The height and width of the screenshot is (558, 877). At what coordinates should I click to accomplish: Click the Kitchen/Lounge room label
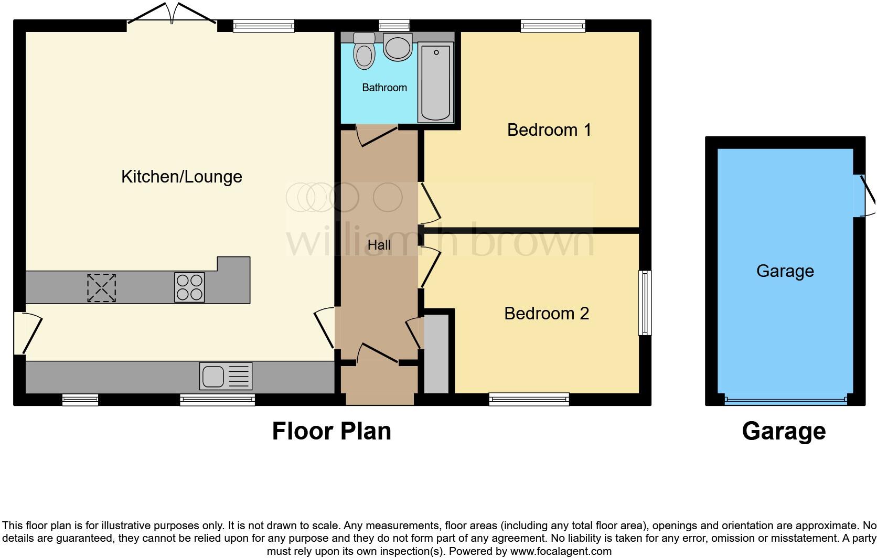coord(181,177)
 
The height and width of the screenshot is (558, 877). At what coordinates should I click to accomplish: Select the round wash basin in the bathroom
coord(397,47)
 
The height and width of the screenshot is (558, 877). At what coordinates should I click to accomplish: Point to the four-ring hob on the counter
coord(189,287)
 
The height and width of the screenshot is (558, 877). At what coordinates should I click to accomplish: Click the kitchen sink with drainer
coord(226,376)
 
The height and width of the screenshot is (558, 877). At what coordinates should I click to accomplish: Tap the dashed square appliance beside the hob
coord(101,287)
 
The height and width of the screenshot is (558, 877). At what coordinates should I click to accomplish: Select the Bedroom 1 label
coord(549,130)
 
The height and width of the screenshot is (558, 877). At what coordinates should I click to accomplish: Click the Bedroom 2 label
coord(546,314)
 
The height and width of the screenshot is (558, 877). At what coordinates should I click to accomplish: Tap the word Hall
coord(379,245)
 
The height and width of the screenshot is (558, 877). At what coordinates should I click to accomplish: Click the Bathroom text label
coord(384,88)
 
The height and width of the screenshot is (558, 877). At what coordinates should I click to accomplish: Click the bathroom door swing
coord(376,136)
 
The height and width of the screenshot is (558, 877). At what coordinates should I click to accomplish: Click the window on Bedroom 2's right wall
coord(645,303)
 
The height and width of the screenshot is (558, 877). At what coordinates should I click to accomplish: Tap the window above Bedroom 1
coord(553,25)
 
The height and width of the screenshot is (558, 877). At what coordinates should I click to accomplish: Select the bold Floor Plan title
coord(331,431)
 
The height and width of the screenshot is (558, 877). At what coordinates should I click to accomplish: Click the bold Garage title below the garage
coord(784,431)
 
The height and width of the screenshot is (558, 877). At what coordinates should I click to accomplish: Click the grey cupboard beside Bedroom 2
coord(436,354)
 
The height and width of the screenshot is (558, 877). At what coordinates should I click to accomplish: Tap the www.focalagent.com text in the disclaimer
coord(561,551)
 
